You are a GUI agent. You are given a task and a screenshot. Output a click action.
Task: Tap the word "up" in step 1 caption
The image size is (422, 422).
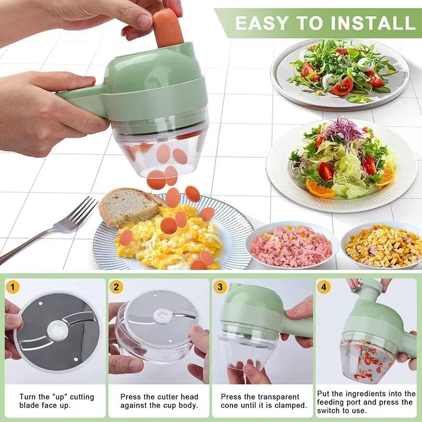[60, 397]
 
